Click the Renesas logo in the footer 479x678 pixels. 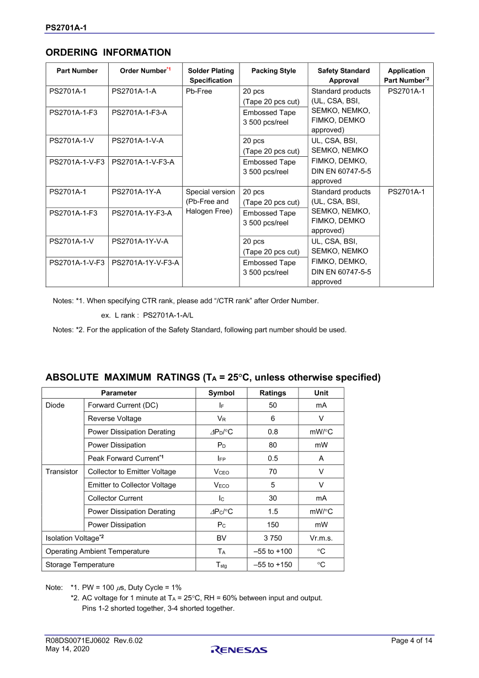coord(238,650)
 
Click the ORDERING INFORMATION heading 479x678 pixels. coord(108,52)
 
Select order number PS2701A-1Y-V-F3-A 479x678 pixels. coord(145,263)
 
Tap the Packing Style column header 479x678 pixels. coord(273,71)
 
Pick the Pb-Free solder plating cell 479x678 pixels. coord(199,92)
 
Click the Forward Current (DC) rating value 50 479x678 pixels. coord(273,405)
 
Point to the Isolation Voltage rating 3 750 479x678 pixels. coord(273,538)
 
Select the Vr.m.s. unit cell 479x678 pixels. coord(321,538)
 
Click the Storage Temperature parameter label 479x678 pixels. coord(80,564)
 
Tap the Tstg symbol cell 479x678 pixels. coord(221,564)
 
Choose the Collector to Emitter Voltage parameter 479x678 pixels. coord(132,472)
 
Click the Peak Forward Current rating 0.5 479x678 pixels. coord(273,458)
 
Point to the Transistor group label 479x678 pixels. coord(62,472)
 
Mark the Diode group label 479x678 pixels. coord(55,405)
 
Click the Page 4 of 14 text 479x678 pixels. coord(412,640)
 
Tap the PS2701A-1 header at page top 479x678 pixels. coord(66,27)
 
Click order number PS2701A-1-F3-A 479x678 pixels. coord(139,113)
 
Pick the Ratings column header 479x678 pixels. coord(273,393)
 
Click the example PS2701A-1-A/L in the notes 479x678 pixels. coord(168,315)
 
